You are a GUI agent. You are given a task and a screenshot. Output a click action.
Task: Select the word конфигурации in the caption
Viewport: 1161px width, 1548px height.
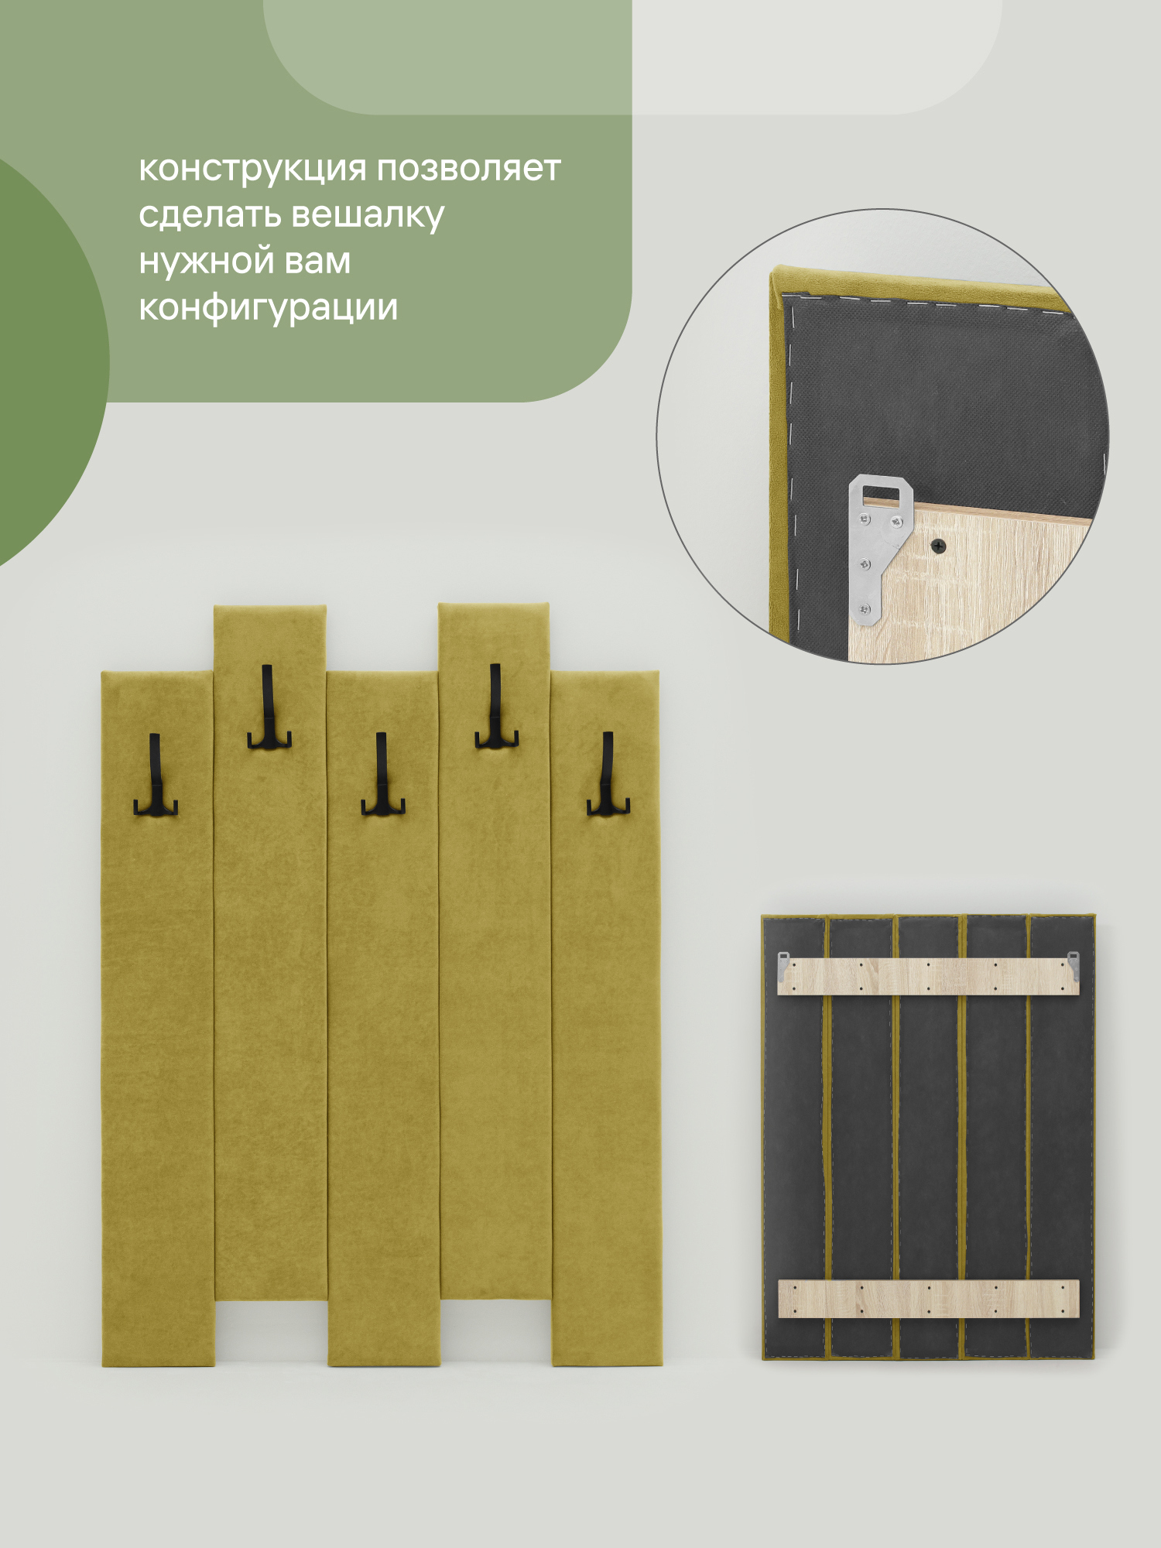[269, 309]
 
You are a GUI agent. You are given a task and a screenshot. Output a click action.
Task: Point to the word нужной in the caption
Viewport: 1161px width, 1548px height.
[207, 262]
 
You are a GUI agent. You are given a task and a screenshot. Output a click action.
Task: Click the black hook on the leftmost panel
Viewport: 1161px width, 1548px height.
[155, 775]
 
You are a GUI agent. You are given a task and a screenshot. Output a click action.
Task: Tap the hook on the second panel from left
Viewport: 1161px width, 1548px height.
[268, 707]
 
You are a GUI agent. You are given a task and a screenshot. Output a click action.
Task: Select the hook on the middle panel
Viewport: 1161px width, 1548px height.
[382, 774]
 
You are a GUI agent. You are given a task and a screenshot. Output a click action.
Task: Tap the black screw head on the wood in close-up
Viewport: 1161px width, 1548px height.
[938, 546]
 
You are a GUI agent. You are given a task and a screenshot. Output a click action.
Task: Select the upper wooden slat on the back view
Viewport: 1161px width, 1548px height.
[928, 976]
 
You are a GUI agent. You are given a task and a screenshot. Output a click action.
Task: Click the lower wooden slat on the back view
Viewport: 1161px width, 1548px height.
[928, 1298]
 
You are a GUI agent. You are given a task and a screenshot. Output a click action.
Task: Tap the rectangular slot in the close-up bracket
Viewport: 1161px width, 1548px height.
[880, 491]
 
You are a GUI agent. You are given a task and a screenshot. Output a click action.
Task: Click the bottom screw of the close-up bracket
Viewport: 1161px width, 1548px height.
[866, 610]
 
